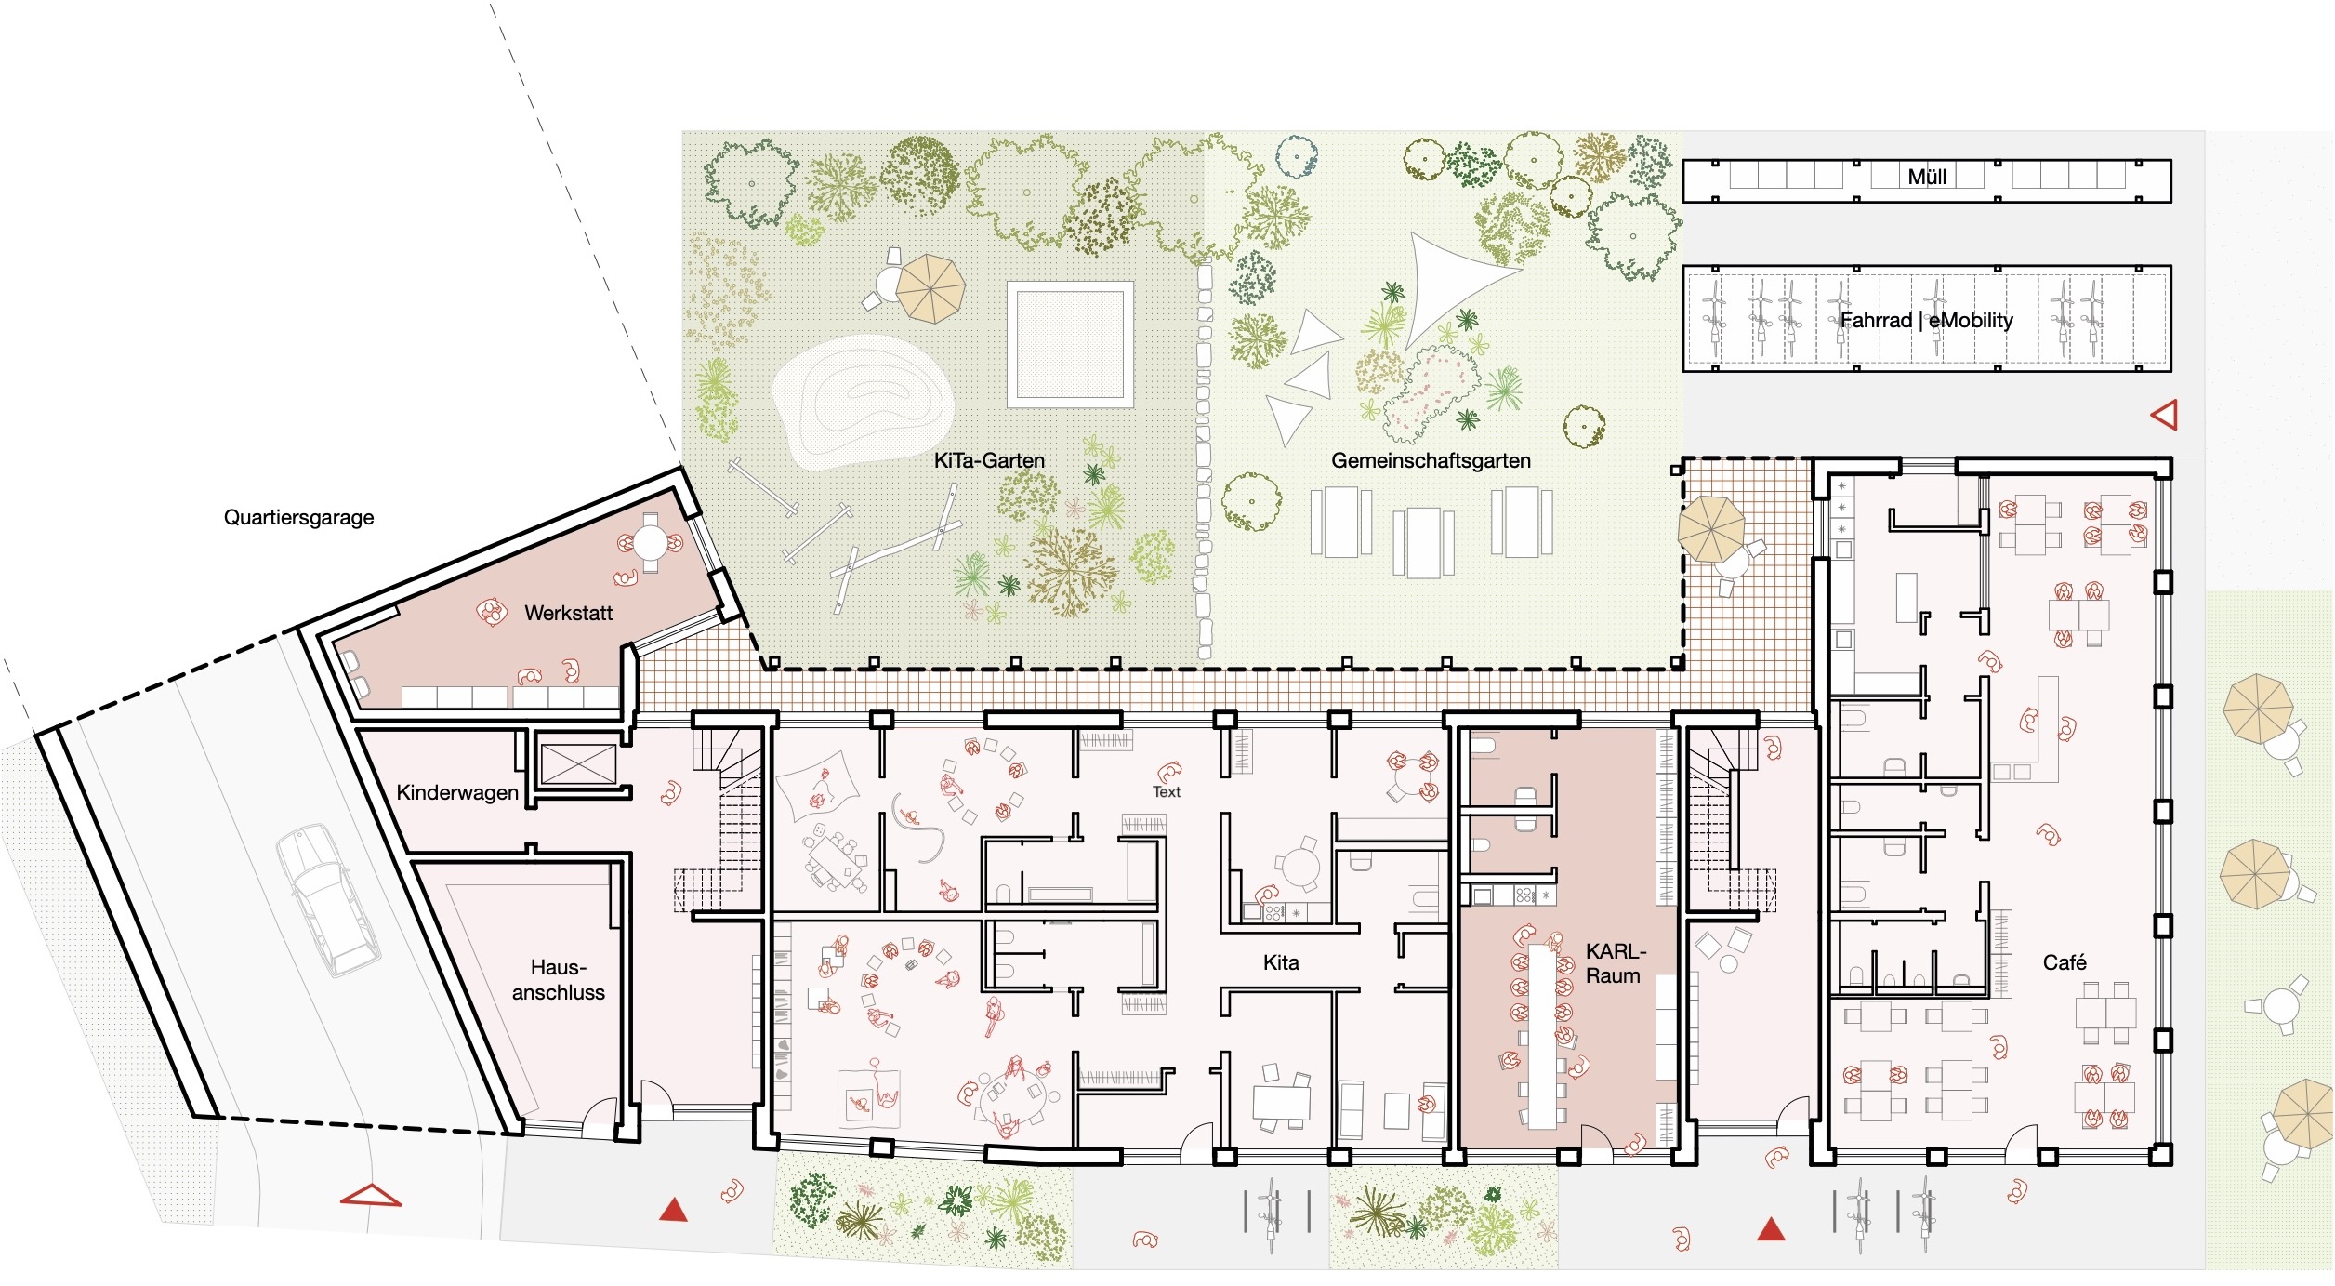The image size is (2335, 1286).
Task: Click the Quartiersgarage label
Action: tap(298, 518)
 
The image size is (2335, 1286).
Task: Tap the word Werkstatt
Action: tap(568, 613)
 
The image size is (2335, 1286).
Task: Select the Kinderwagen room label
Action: tap(457, 792)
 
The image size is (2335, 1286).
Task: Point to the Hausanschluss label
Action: tap(558, 980)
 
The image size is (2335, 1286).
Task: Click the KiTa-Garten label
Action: tap(989, 460)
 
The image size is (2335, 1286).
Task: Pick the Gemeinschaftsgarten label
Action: tap(1431, 460)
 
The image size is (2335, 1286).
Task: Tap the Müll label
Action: tap(1927, 177)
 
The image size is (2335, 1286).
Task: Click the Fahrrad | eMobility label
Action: tap(1926, 320)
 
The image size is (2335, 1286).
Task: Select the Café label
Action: tap(2065, 962)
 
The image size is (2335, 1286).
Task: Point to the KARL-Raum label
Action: tap(1615, 963)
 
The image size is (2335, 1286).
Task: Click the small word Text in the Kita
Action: tap(1167, 792)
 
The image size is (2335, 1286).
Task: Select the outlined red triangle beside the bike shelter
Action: tap(2165, 415)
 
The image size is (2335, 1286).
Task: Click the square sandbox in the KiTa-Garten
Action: tap(1070, 344)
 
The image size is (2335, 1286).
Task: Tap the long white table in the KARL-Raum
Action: tap(1542, 1037)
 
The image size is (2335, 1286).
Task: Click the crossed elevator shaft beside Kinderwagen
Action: tap(578, 763)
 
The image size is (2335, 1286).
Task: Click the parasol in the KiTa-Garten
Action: tap(930, 287)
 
